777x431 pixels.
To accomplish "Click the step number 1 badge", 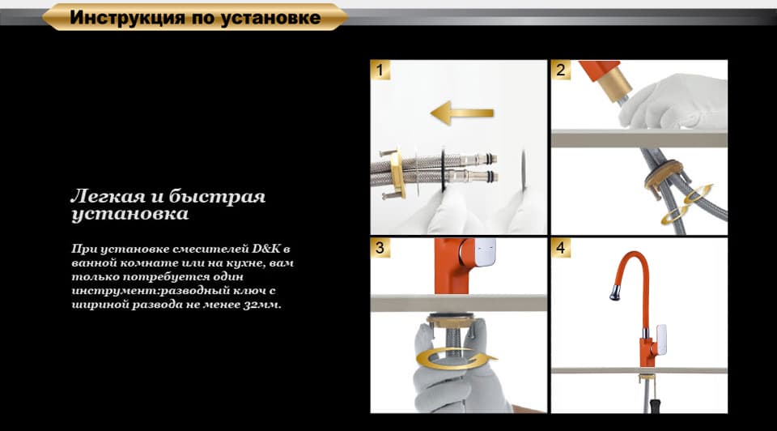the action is click(380, 70).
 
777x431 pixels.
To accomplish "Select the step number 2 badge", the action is click(560, 70).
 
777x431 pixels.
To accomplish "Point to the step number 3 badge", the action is click(380, 247).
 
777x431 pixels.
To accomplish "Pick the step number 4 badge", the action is click(560, 247).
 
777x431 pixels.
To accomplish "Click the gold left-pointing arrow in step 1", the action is click(462, 113).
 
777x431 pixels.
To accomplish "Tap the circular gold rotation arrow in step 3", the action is click(456, 358).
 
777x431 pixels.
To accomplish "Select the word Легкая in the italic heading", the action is click(108, 196).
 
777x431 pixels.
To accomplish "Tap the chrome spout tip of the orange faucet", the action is click(615, 292).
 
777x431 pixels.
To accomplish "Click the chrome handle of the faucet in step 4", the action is click(660, 339).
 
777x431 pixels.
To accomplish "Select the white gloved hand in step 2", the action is click(674, 103).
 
